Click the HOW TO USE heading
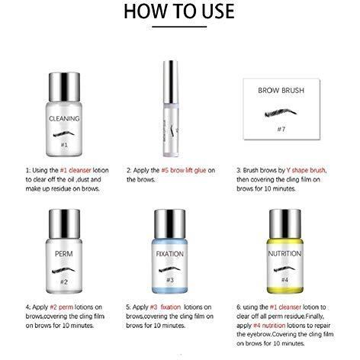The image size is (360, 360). point(179,11)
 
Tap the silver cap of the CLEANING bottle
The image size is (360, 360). point(64,87)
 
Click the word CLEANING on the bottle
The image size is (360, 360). point(64,119)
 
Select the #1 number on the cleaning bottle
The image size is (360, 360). point(64,145)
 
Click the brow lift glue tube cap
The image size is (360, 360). point(170,82)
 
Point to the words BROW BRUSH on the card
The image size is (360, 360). point(281,90)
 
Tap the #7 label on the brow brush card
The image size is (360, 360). point(281,129)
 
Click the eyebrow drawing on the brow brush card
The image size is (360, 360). point(281,113)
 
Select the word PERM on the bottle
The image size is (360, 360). point(64,254)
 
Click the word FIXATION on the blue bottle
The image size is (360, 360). point(169,254)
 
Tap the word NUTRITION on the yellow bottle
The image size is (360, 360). point(284,253)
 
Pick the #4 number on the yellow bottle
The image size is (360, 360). point(284,280)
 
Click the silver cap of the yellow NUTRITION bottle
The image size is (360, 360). point(285,224)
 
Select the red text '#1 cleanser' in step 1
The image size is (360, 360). point(76,170)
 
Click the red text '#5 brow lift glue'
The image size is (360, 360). point(184,170)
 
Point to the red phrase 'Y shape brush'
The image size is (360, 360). point(306,170)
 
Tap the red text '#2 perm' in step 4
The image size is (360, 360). point(62,307)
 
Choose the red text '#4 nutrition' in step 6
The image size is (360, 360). point(269,326)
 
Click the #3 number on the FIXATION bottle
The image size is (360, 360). point(170,280)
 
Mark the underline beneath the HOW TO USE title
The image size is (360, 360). point(179,27)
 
